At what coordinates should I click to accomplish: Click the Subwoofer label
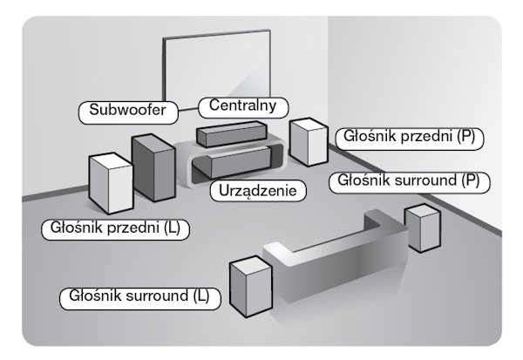(127, 112)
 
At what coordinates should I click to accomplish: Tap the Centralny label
(236, 106)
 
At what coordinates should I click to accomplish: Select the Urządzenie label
(256, 190)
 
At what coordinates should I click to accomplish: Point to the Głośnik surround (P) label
(409, 182)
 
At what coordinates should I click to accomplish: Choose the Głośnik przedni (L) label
(116, 229)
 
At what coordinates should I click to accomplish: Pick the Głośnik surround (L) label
(139, 295)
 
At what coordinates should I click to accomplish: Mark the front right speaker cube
(308, 142)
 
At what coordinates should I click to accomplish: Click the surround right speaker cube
(421, 228)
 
